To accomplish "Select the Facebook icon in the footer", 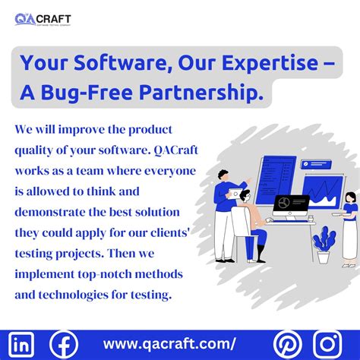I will pos(63,343).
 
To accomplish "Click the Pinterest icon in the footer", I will pos(287,343).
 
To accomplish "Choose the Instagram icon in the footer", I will pos(328,343).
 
